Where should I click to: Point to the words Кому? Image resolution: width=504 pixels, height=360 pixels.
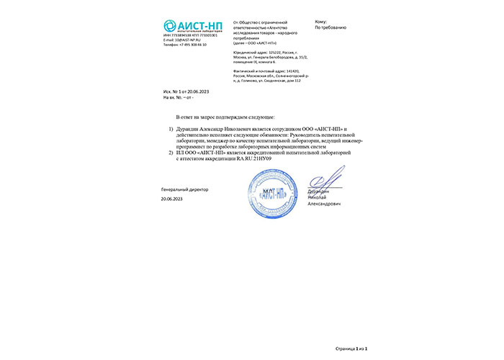click(x=321, y=22)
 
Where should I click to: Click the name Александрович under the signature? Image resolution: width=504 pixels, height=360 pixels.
click(x=325, y=204)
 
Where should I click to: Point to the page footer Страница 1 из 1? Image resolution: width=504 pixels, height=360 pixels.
click(x=351, y=348)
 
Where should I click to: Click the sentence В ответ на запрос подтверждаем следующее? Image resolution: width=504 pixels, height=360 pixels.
click(x=230, y=115)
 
